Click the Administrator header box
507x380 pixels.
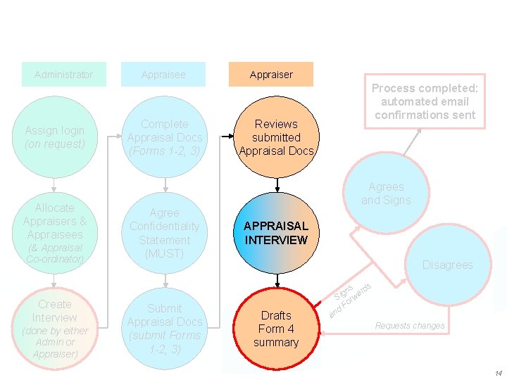[63, 75]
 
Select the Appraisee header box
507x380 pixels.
[163, 75]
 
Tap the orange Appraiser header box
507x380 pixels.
[271, 75]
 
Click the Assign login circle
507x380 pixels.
[54, 137]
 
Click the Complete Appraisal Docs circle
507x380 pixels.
[164, 137]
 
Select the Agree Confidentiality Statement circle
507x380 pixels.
[164, 233]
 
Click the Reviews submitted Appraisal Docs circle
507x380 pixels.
[277, 137]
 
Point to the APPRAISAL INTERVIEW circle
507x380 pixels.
[276, 233]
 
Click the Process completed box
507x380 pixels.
[425, 101]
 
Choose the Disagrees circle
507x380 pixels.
[448, 265]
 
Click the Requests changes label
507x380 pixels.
[410, 326]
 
